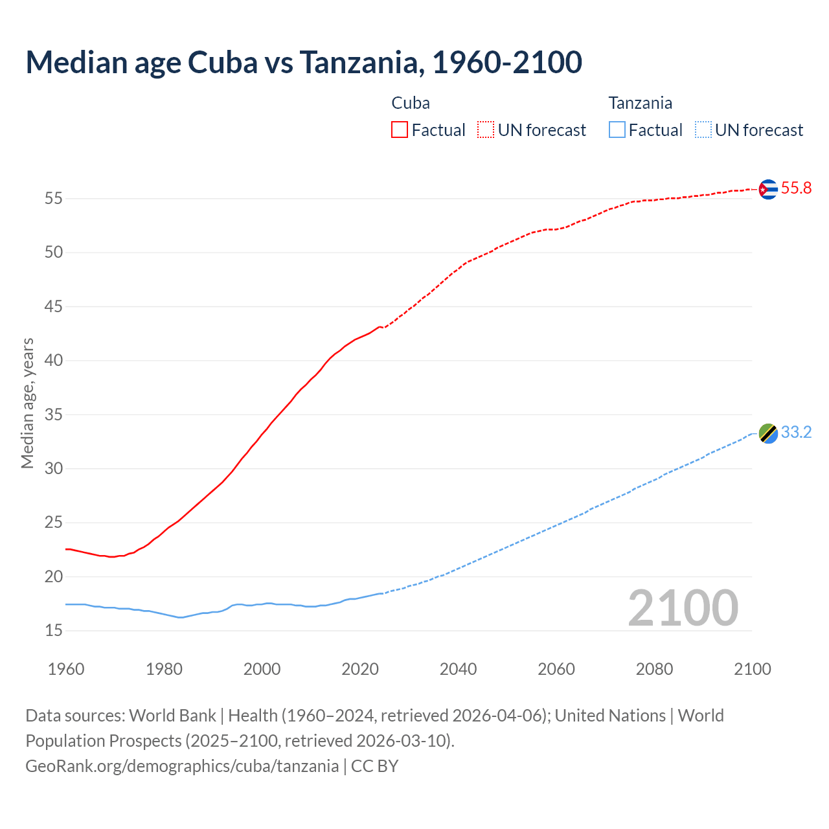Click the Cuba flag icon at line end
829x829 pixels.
pyautogui.click(x=767, y=188)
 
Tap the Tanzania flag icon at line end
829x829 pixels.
pyautogui.click(x=767, y=433)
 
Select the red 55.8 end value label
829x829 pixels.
pyautogui.click(x=796, y=188)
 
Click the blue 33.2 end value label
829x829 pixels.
pyautogui.click(x=796, y=433)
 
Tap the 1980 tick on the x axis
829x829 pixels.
pyautogui.click(x=164, y=669)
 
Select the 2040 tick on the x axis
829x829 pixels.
pyautogui.click(x=458, y=669)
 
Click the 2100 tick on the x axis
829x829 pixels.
pyautogui.click(x=752, y=669)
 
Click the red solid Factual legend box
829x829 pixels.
pyautogui.click(x=400, y=130)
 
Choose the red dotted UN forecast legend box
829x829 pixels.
pyautogui.click(x=486, y=130)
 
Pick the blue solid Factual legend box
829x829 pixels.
pyautogui.click(x=617, y=130)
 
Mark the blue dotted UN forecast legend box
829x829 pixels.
pyautogui.click(x=703, y=130)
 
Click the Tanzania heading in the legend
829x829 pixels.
pyautogui.click(x=640, y=103)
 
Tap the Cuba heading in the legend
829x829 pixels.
pyautogui.click(x=411, y=103)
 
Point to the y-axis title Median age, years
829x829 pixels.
pyautogui.click(x=27, y=403)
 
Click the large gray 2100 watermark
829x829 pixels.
pyautogui.click(x=683, y=608)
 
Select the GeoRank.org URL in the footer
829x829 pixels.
pyautogui.click(x=182, y=766)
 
